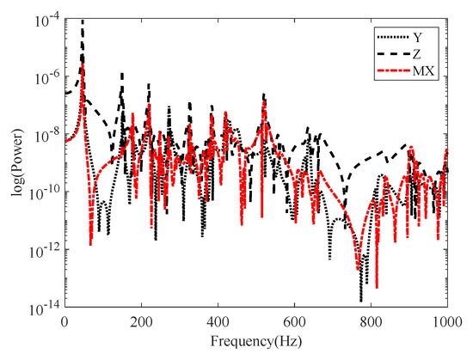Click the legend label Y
point(423,37)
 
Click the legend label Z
point(423,55)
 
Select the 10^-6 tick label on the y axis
point(46,76)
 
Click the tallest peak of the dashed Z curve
point(83,21)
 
